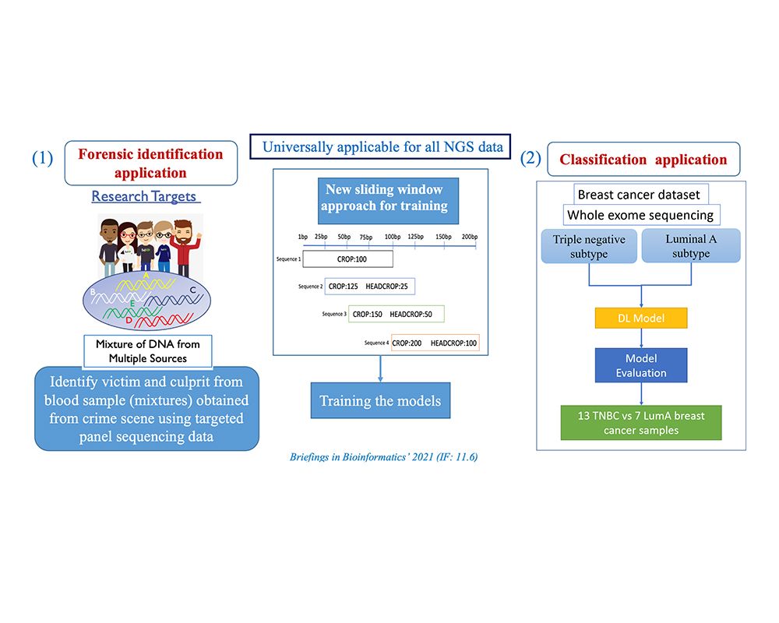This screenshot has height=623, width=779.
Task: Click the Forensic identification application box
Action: (150, 163)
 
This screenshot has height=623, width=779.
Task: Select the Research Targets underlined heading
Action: (144, 196)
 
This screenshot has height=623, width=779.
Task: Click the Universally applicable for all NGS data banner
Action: (381, 146)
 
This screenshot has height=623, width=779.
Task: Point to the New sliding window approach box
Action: (382, 198)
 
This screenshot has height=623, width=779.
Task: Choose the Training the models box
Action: (379, 402)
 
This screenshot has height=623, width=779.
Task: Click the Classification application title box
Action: (643, 160)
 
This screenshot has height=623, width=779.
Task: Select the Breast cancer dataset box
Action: (639, 195)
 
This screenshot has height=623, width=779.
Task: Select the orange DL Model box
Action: (640, 318)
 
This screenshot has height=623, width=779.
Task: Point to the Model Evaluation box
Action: (640, 365)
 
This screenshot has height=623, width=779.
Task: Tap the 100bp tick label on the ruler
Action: (391, 237)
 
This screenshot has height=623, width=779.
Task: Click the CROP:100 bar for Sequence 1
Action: (348, 259)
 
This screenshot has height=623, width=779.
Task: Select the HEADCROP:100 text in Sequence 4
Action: (454, 343)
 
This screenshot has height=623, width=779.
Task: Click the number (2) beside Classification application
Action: (530, 158)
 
